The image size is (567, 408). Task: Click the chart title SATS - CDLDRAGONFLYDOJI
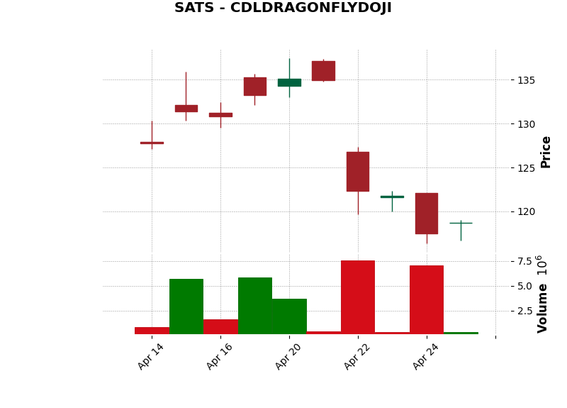click(283, 9)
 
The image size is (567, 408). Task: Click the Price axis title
click(546, 152)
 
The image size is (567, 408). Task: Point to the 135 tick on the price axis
click(525, 80)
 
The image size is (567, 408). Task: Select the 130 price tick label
click(525, 124)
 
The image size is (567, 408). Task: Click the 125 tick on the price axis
click(525, 168)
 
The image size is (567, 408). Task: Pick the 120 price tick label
click(525, 211)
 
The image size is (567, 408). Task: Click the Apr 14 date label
click(151, 356)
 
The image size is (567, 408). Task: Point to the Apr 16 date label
click(220, 356)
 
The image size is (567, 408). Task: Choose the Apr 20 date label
click(288, 356)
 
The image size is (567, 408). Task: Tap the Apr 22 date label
click(357, 356)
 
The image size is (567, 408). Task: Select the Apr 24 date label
click(426, 356)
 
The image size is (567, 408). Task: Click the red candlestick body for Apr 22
click(358, 172)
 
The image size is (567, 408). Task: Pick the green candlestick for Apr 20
click(289, 82)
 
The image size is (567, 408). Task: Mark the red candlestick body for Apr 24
click(427, 213)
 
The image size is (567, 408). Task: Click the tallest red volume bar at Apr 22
click(358, 297)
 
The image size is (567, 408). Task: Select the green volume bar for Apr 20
click(289, 316)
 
